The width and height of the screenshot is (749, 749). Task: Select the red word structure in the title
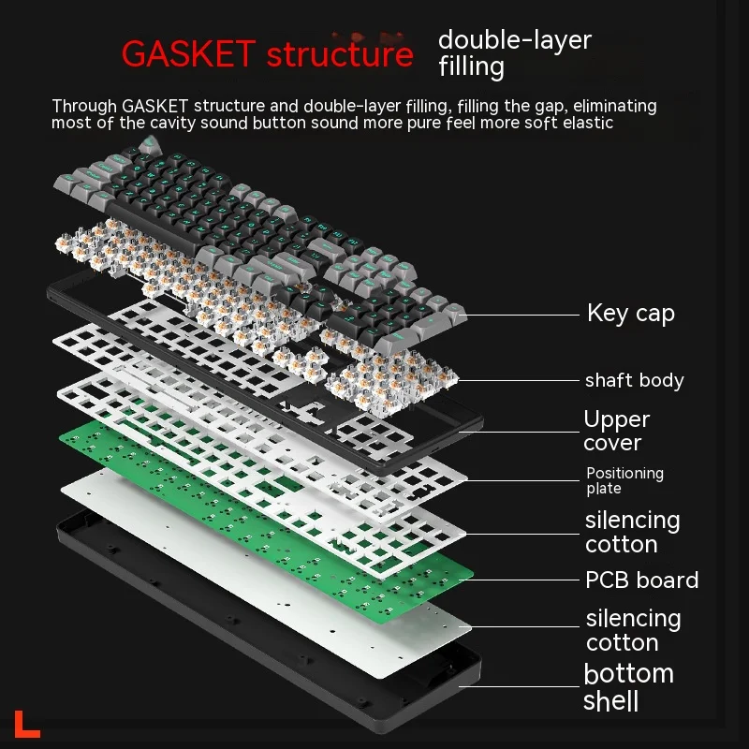[x=340, y=53]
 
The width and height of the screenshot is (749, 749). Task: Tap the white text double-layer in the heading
[x=515, y=40]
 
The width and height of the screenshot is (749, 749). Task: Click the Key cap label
[x=630, y=313]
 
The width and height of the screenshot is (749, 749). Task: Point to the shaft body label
[x=634, y=380]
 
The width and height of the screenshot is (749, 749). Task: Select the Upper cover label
[x=616, y=431]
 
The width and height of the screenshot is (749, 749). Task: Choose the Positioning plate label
[x=624, y=480]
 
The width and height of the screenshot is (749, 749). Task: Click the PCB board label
[x=641, y=580]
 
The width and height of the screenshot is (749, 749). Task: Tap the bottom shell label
[x=628, y=686]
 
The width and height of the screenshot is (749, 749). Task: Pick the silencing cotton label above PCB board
[x=632, y=532]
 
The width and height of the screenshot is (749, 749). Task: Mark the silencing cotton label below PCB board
[x=633, y=630]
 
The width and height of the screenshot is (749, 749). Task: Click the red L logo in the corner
[x=27, y=724]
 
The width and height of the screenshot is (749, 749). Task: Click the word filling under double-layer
[x=471, y=67]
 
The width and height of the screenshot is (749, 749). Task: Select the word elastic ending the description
[x=587, y=123]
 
